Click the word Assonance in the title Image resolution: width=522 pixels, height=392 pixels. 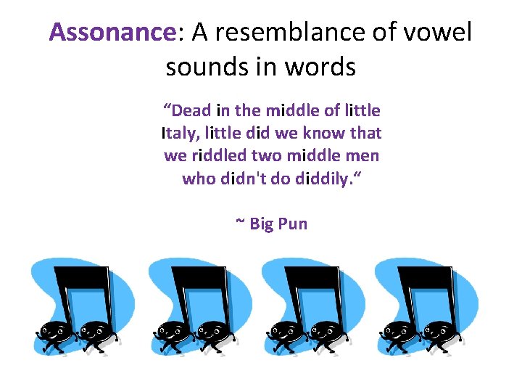click(112, 32)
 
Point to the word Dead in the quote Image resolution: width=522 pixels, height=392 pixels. click(191, 110)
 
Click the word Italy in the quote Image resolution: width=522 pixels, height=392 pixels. click(181, 133)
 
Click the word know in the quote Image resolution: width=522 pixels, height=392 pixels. click(323, 133)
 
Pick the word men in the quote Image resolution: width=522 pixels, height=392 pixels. click(365, 155)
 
